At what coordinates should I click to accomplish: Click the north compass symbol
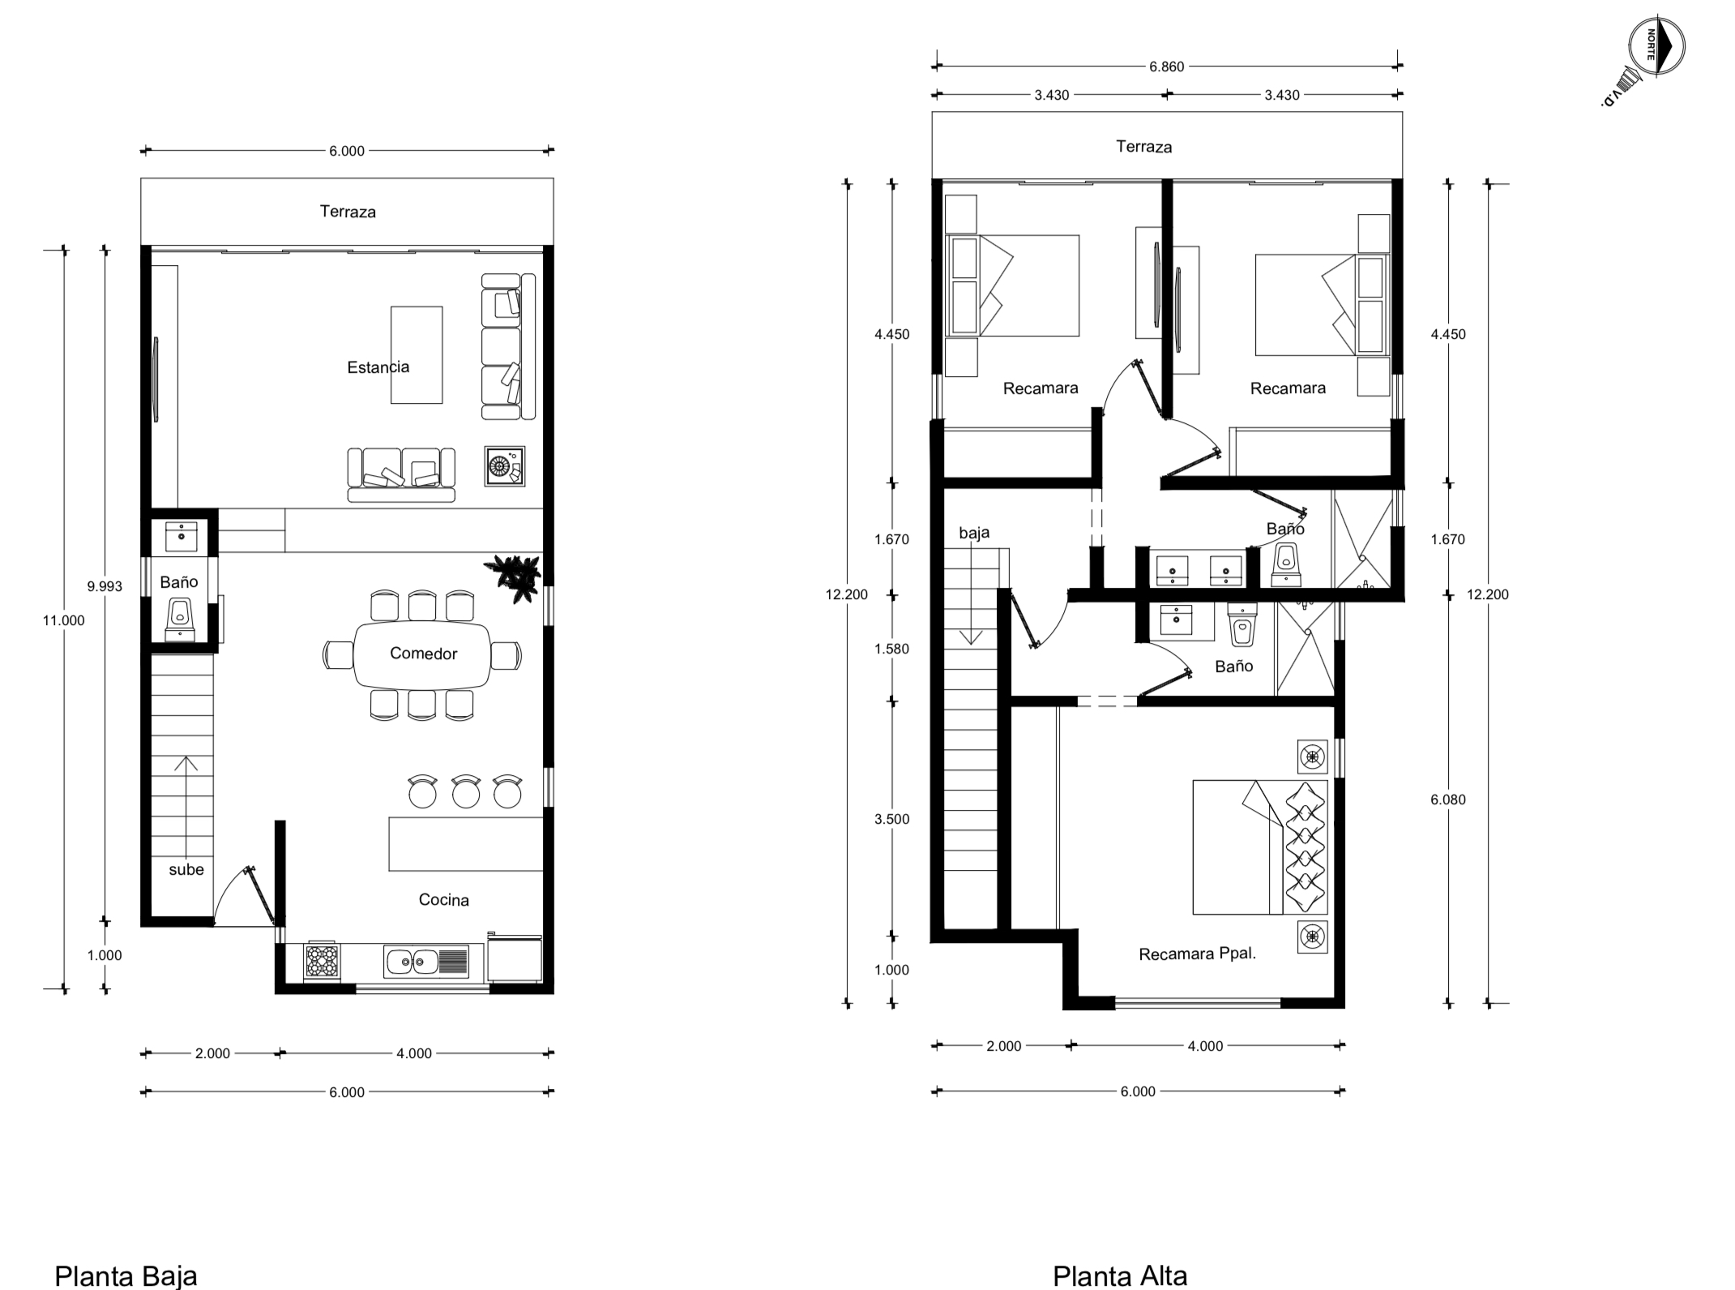point(1656,45)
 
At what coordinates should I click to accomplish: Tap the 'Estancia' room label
point(378,367)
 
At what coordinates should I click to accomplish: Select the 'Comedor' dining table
point(422,654)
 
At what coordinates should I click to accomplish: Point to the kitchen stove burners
point(322,962)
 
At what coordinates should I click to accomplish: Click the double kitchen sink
point(426,962)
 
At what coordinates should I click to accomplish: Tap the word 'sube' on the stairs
point(186,870)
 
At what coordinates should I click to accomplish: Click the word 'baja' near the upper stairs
point(974,533)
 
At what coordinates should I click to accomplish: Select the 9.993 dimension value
point(105,586)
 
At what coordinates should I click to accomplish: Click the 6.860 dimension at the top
point(1166,66)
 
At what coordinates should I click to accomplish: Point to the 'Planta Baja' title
point(126,1275)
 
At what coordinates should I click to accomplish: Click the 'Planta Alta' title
point(1120,1275)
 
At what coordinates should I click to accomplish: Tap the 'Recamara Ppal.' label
point(1197,954)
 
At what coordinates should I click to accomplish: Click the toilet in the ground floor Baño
point(180,619)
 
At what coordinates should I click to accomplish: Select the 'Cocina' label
point(443,899)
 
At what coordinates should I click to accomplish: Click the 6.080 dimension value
point(1447,799)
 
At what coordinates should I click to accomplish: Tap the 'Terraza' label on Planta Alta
point(1143,147)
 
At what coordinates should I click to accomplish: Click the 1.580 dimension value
point(891,649)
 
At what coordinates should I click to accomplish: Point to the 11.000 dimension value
point(64,620)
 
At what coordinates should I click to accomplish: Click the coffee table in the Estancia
point(417,354)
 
